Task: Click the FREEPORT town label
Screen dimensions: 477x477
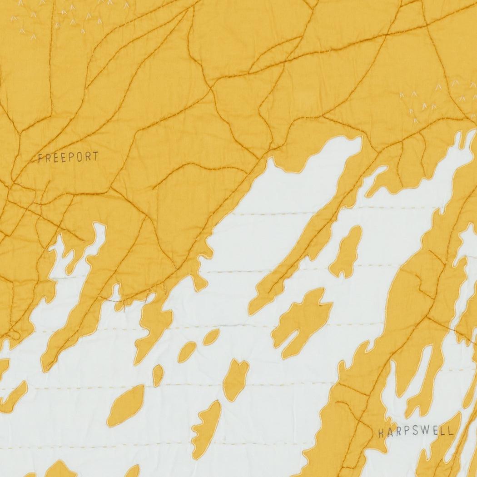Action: coord(68,158)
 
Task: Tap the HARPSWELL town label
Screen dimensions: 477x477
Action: coord(415,432)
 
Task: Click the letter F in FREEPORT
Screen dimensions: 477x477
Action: coord(40,158)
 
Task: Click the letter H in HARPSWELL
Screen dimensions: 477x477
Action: coord(381,433)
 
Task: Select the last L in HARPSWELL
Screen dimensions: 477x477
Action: coord(450,432)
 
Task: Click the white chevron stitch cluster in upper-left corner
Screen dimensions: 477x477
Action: coord(68,18)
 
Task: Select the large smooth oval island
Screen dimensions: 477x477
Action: coord(126,399)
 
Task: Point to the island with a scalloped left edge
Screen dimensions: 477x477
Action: coord(207,422)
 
